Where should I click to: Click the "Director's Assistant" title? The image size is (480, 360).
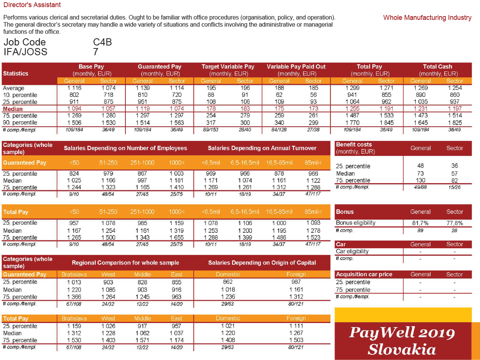tap(32, 5)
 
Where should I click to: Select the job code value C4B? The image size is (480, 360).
tap(102, 42)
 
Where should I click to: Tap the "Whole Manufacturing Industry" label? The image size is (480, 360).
tap(427, 18)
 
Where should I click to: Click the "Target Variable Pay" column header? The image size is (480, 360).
tap(228, 67)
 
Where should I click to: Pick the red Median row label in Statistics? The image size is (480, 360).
tap(13, 109)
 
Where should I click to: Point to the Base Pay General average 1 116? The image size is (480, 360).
tap(74, 88)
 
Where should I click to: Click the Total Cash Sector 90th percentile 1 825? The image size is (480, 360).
tap(454, 123)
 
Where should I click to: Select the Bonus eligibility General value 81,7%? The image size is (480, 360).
tap(420, 223)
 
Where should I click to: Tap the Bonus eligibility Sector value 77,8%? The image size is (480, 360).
tap(454, 223)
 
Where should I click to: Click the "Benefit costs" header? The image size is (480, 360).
tap(354, 145)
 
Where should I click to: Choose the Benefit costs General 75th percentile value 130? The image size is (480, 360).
tap(420, 180)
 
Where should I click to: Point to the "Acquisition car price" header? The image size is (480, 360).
tap(364, 275)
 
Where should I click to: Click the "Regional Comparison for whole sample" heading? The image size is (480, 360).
tap(125, 263)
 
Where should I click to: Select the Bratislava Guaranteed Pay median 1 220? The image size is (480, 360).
tap(74, 290)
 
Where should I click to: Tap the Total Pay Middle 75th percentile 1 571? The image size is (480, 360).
tap(142, 340)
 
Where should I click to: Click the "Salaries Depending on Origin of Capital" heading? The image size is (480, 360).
tap(262, 263)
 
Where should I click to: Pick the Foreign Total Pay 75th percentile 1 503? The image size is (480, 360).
tap(296, 340)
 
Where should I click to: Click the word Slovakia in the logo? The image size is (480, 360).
tap(402, 349)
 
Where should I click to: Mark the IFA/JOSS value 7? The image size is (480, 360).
tap(96, 52)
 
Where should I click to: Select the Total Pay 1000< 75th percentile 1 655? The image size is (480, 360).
tap(176, 238)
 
